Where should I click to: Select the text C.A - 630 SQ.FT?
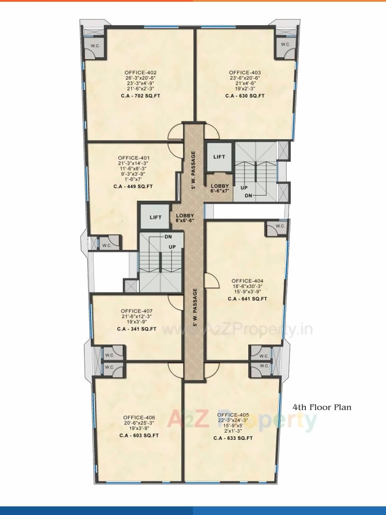(245, 96)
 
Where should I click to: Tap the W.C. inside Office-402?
(96, 46)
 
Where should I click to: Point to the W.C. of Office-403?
(285, 45)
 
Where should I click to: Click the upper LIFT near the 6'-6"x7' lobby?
(219, 157)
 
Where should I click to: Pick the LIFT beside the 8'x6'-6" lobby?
(156, 217)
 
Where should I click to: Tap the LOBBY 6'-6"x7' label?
(220, 188)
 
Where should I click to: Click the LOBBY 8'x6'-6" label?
(185, 218)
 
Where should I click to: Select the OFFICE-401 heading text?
(134, 158)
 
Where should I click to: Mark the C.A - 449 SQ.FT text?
(133, 186)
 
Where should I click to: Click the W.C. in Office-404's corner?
(280, 226)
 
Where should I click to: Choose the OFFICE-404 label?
(247, 281)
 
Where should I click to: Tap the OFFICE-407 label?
(137, 311)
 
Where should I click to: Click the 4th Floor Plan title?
(322, 407)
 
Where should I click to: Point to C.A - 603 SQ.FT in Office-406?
(139, 435)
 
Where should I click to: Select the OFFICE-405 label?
(233, 415)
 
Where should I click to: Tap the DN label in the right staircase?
(248, 196)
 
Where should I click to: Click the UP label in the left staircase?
(172, 247)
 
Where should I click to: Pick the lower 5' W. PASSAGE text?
(195, 308)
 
